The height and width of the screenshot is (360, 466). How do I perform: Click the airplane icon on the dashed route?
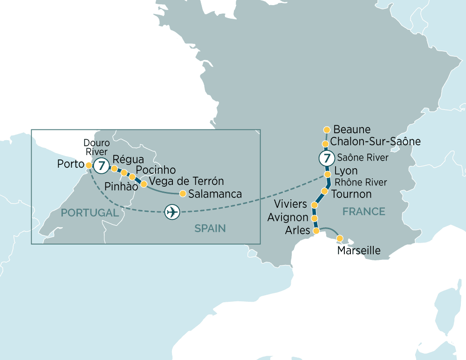tap(172, 212)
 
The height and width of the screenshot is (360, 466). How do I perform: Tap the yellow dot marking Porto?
tap(89, 164)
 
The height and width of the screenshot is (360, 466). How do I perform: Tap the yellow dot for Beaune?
tap(327, 129)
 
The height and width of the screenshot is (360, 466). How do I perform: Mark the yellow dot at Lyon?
tap(328, 174)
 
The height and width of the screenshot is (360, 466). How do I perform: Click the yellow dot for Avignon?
tap(315, 218)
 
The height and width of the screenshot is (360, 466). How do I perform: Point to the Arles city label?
tap(297, 230)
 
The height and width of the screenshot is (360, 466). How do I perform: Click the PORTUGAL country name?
tap(90, 213)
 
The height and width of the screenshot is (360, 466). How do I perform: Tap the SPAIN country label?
tap(210, 228)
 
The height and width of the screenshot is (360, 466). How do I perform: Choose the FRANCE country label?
tap(363, 212)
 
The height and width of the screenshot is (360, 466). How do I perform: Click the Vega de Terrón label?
tap(186, 181)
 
